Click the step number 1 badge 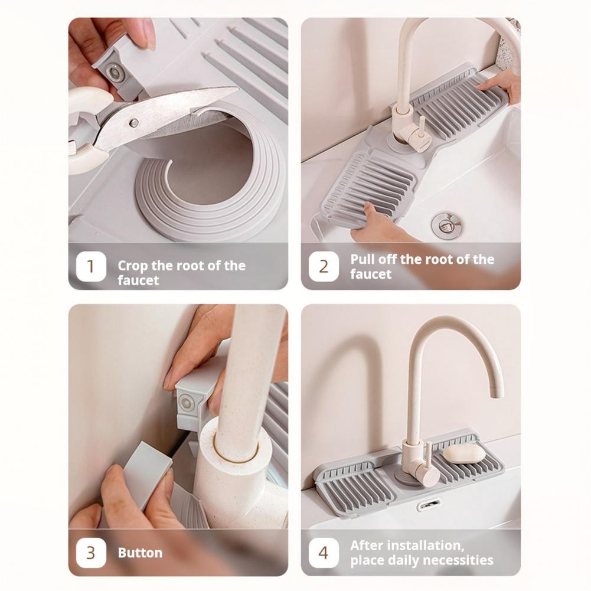pyautogui.click(x=91, y=266)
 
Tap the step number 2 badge pyautogui.click(x=324, y=266)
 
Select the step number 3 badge pyautogui.click(x=91, y=553)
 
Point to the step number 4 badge pyautogui.click(x=324, y=553)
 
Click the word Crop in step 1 pyautogui.click(x=133, y=266)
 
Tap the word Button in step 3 pyautogui.click(x=140, y=553)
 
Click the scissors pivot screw pyautogui.click(x=134, y=122)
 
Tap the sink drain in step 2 pyautogui.click(x=446, y=224)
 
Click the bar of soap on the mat pyautogui.click(x=464, y=454)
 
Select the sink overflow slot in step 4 pyautogui.click(x=429, y=504)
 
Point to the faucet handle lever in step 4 pyautogui.click(x=428, y=458)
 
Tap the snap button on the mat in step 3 pyautogui.click(x=186, y=403)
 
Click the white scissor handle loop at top pyautogui.click(x=90, y=99)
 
